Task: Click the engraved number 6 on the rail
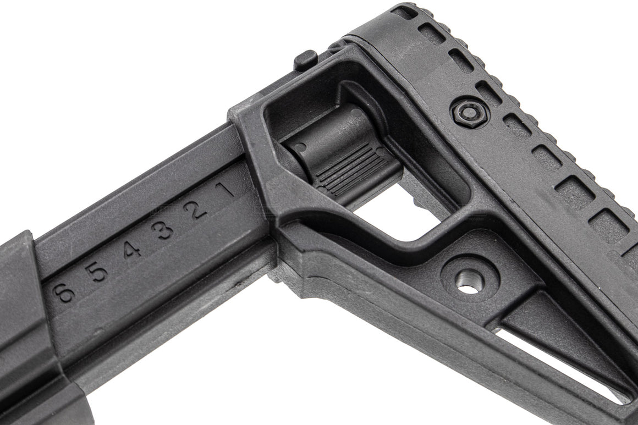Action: point(65,291)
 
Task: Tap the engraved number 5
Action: point(98,271)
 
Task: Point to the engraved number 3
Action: point(165,230)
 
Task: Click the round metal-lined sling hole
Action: point(469,282)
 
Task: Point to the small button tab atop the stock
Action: point(306,59)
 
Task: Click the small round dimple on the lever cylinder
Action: point(301,147)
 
